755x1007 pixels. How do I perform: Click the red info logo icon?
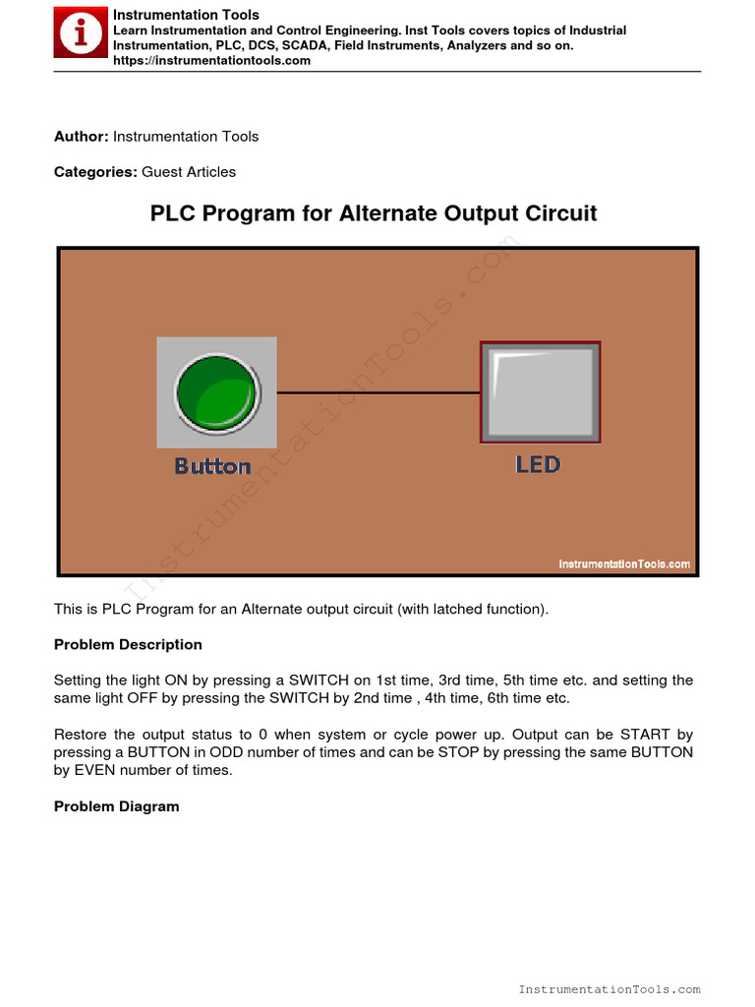(82, 34)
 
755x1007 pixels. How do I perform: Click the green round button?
(216, 391)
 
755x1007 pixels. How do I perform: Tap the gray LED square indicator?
(540, 392)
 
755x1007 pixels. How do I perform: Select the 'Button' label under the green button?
(212, 466)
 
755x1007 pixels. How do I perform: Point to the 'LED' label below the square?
(538, 464)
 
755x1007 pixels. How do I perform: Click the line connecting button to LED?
(378, 392)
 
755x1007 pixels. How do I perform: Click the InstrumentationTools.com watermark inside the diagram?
(624, 564)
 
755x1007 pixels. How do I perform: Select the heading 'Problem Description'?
(128, 645)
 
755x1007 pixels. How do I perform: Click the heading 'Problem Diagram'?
(116, 806)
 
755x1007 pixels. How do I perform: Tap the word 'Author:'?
(82, 137)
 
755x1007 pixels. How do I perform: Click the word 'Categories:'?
(95, 172)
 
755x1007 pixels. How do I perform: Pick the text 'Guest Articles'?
(189, 172)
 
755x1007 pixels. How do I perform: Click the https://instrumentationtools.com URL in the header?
(211, 61)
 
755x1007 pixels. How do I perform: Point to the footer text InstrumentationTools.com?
(609, 989)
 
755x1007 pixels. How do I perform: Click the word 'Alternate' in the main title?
(386, 213)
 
